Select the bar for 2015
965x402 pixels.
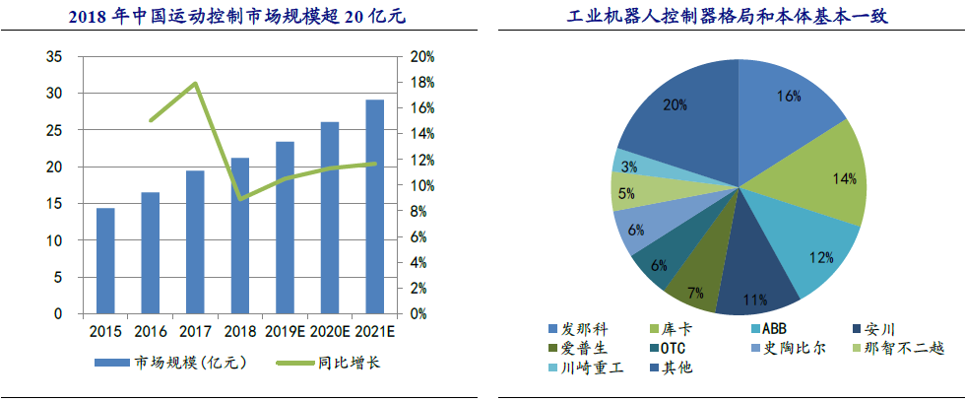(104, 261)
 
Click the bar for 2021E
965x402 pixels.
(374, 207)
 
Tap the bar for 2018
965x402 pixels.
(239, 235)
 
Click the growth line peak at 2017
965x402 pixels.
(195, 84)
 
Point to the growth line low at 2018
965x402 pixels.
(239, 199)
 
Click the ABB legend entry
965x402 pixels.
(774, 328)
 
